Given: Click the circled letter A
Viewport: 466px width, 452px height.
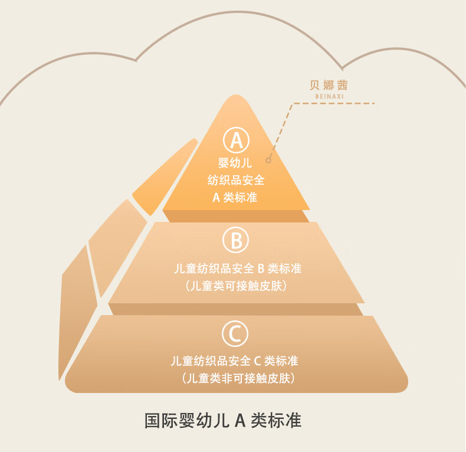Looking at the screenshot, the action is [236, 140].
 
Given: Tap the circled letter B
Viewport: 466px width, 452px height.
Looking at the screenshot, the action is [236, 240].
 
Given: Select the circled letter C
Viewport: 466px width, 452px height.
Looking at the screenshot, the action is [235, 334].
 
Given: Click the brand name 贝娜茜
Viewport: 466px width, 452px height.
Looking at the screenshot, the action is [329, 84].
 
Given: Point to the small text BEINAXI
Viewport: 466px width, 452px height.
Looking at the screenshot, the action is [329, 96].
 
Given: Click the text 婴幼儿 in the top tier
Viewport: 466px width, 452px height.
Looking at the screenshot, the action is [235, 163].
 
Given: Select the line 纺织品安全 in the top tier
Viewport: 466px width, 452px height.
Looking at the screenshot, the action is [235, 180].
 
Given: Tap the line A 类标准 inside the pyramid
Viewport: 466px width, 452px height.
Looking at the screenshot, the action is [235, 197].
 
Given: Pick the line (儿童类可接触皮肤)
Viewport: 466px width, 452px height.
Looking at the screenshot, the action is [236, 286].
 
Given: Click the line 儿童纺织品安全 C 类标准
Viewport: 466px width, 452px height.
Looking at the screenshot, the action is [235, 361].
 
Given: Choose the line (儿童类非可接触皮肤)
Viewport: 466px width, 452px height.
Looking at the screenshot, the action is [236, 378].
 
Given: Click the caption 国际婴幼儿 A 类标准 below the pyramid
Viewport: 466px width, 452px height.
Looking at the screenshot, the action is [223, 421].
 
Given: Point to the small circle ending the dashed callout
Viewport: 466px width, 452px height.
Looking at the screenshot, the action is [268, 160].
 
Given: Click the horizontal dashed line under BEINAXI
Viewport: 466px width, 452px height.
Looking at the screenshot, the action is [334, 104].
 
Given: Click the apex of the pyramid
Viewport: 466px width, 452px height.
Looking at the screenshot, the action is [235, 98].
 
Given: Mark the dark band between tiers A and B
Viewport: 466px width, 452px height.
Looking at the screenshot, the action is [236, 216].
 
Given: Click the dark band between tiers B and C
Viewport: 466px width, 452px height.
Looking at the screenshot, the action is [236, 309].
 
